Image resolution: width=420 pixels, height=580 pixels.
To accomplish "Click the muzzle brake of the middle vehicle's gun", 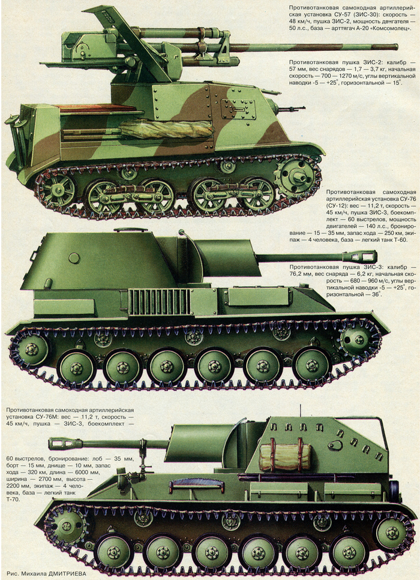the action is pyautogui.click(x=359, y=257).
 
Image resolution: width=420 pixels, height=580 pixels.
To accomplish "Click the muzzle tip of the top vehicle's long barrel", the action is pyautogui.click(x=396, y=47).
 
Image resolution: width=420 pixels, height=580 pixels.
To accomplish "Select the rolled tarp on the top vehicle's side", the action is pyautogui.click(x=167, y=130).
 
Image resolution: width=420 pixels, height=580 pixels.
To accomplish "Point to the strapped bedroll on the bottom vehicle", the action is pyautogui.click(x=285, y=457).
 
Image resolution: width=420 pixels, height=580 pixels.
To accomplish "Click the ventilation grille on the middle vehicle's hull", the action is pyautogui.click(x=160, y=302).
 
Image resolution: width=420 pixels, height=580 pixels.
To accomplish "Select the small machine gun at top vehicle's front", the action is pyautogui.click(x=288, y=108).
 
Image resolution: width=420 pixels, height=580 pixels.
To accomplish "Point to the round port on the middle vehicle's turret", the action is pyautogui.click(x=74, y=258).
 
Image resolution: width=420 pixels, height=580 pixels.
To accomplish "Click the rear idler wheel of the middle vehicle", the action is pyautogui.click(x=31, y=349).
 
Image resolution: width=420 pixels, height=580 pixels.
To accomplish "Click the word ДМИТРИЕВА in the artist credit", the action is pyautogui.click(x=66, y=574).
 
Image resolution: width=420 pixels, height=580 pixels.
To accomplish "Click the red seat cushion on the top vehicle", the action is pyautogui.click(x=97, y=109).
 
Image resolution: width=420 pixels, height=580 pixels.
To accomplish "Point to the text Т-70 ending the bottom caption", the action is pyautogui.click(x=13, y=500).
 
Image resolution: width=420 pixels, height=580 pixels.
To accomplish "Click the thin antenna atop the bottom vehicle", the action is pyautogui.click(x=300, y=411).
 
